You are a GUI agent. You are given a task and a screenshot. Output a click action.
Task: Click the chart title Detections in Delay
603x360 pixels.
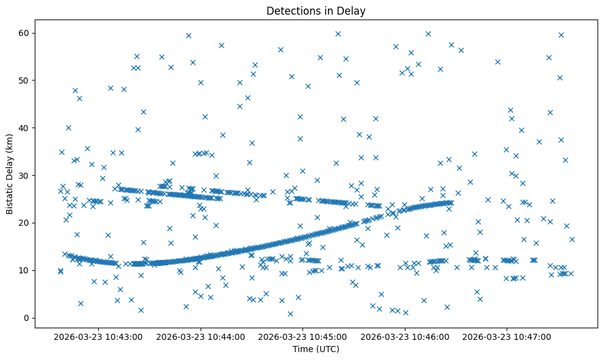point(316,10)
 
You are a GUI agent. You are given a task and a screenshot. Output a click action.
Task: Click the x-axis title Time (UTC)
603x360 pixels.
point(316,349)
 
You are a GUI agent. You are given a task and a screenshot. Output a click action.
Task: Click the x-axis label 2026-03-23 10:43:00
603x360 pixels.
point(98,336)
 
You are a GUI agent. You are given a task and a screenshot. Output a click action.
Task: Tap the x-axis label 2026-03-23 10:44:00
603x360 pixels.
point(201,336)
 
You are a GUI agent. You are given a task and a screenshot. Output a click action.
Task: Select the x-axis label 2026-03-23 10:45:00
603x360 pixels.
point(303,336)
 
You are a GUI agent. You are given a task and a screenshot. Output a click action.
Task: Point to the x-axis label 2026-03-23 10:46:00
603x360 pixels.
point(405,336)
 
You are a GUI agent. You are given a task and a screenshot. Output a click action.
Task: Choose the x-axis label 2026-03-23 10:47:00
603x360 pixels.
point(507,336)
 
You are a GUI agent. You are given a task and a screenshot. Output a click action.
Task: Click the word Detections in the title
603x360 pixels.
point(291,10)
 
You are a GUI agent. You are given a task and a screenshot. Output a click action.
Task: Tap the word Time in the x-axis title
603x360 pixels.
point(303,349)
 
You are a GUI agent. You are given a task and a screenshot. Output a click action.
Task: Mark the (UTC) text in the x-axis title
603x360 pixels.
point(326,349)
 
